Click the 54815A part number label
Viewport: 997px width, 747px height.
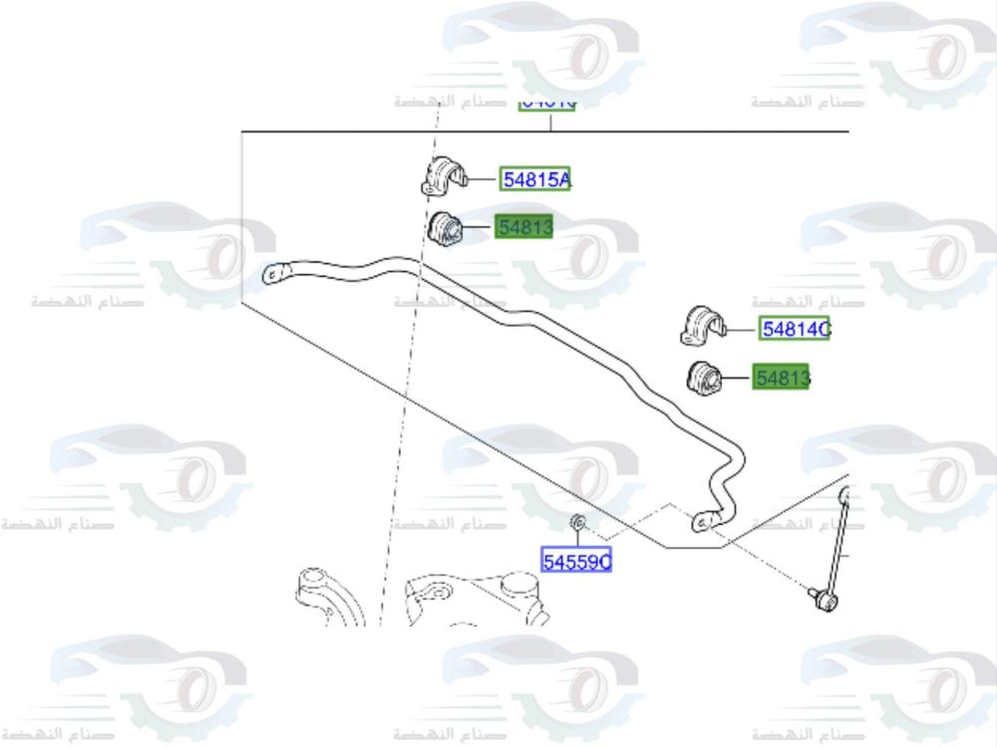(x=535, y=179)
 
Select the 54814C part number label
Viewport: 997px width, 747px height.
(x=795, y=328)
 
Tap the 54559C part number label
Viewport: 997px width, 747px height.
(x=576, y=562)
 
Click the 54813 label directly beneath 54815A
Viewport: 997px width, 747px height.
(x=525, y=228)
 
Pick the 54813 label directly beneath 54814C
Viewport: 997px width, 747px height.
(x=782, y=377)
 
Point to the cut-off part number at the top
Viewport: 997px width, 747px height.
(x=547, y=102)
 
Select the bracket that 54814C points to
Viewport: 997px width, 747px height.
(x=704, y=324)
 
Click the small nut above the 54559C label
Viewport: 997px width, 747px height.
(x=577, y=522)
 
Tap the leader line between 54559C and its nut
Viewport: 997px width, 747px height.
(x=577, y=540)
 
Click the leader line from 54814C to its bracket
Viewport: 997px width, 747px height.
(x=744, y=328)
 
